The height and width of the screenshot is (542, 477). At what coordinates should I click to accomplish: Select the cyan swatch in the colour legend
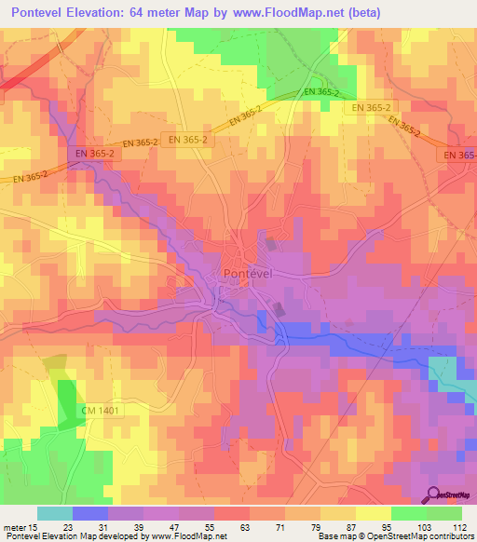coord(55,513)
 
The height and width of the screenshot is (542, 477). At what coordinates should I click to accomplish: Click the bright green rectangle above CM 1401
coord(67,402)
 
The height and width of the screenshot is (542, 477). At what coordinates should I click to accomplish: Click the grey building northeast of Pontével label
coord(271,245)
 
